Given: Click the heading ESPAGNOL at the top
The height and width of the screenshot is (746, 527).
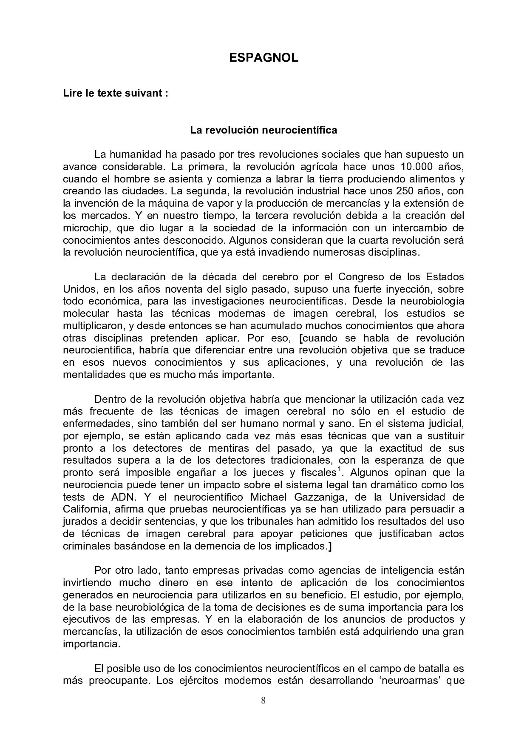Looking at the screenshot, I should pyautogui.click(x=263, y=58).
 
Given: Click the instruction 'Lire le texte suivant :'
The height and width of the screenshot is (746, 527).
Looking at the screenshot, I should pyautogui.click(x=116, y=93).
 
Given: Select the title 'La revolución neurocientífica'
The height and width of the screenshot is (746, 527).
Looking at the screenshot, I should pyautogui.click(x=263, y=130).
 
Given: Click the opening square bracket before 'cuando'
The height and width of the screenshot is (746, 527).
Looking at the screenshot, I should pyautogui.click(x=301, y=339).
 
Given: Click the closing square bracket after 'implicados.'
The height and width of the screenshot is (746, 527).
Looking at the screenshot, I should pyautogui.click(x=330, y=547).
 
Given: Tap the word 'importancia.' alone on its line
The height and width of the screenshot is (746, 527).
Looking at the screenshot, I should pyautogui.click(x=92, y=644).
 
